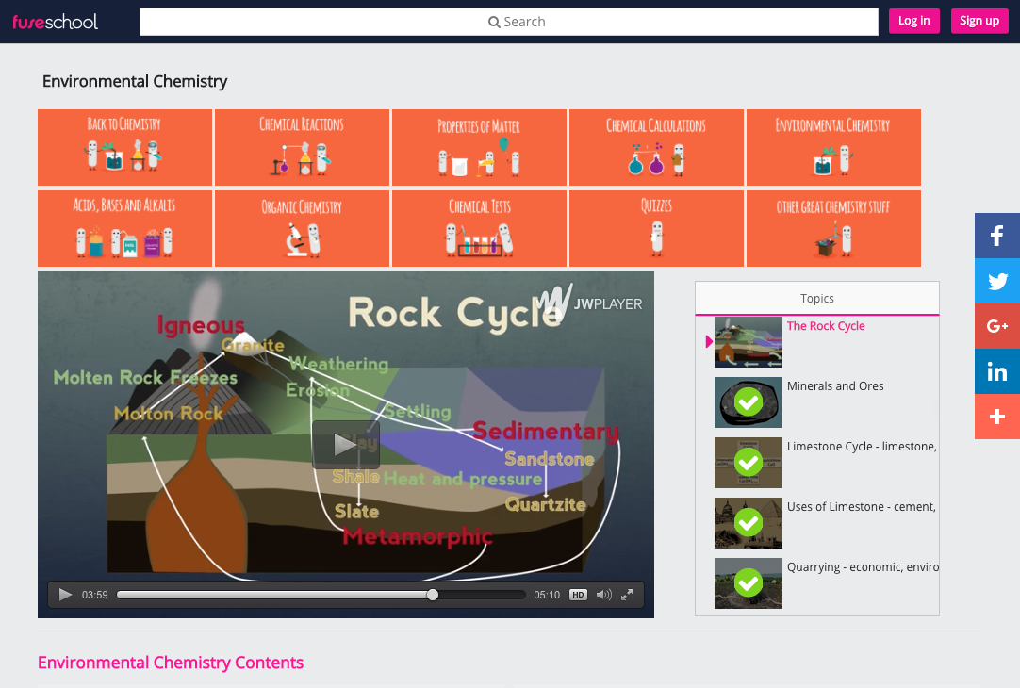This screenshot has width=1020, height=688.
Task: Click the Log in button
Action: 913,21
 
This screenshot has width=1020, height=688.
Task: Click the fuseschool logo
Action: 55,21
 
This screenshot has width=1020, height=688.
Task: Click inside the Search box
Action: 509,22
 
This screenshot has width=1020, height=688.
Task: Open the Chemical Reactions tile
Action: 302,147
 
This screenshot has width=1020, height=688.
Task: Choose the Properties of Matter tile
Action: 479,147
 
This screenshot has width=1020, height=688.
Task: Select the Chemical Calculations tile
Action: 656,147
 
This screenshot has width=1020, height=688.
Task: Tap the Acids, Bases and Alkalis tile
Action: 124,228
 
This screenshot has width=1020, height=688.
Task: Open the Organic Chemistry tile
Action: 302,228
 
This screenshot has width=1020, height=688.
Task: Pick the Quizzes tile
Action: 656,228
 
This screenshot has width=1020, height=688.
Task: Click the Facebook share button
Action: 997,236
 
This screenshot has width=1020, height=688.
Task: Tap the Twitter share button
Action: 997,281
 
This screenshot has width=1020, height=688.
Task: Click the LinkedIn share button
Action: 997,371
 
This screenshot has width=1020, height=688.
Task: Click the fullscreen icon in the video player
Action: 627,595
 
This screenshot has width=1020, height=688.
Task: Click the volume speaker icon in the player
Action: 603,595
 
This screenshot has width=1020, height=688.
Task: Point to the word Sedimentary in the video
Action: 545,432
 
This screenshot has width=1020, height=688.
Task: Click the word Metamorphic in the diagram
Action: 417,536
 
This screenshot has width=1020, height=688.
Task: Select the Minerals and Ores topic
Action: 835,386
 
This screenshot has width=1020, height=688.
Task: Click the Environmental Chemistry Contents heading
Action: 171,663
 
